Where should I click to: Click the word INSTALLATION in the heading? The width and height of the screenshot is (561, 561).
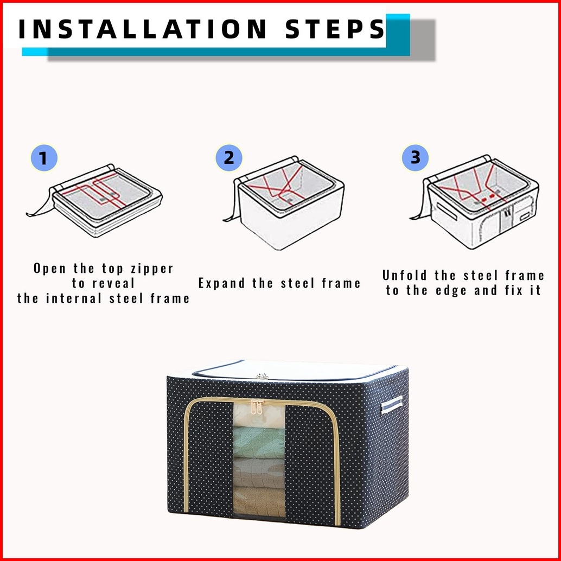tap(142, 29)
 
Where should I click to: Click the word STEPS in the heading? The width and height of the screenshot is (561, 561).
tap(335, 29)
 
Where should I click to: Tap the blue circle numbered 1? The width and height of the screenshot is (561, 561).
tap(43, 158)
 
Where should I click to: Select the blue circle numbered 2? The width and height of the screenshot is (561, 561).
tap(228, 158)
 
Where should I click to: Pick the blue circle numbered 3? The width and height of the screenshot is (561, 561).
tap(415, 157)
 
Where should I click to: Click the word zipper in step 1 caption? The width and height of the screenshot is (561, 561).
tap(152, 269)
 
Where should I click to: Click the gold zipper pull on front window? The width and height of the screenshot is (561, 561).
tap(257, 407)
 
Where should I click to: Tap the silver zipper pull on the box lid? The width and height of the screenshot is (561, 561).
tap(262, 376)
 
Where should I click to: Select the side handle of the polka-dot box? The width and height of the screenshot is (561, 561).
tap(391, 405)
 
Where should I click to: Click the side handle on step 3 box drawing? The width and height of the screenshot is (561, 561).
tap(447, 211)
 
